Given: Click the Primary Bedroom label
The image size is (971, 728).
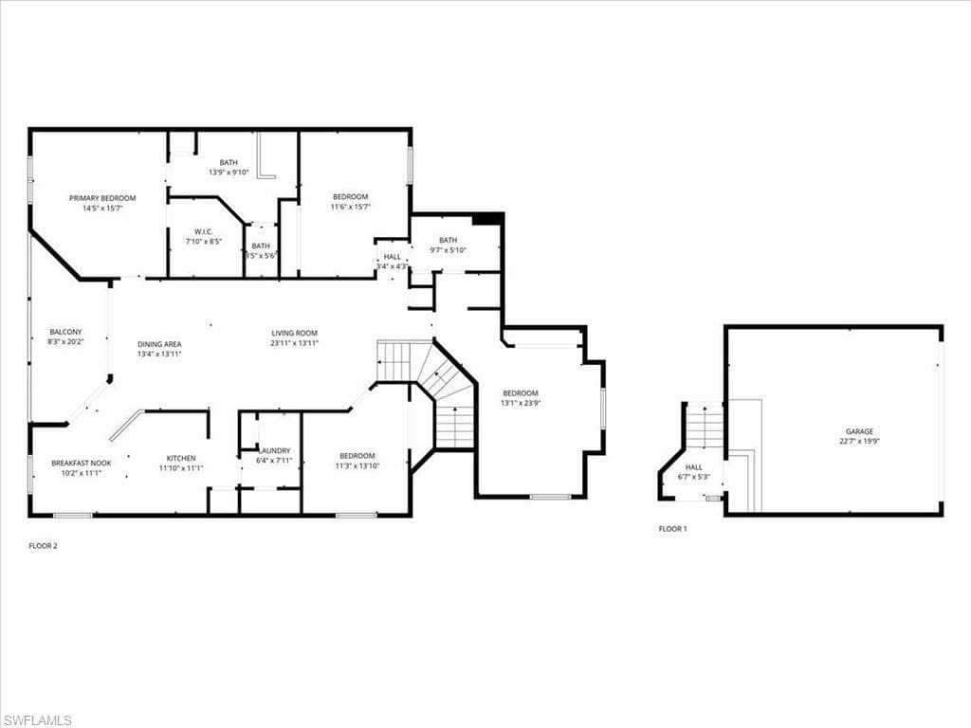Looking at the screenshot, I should [x=102, y=198].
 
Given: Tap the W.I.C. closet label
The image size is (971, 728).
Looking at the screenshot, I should [x=203, y=232].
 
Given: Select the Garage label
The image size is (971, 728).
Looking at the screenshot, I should [x=860, y=431].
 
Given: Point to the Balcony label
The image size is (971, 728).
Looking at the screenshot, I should [x=65, y=332].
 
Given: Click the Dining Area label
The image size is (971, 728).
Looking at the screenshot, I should [x=159, y=344].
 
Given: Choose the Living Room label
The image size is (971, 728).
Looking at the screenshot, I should [x=294, y=333].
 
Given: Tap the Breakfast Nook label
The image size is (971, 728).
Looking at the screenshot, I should [x=82, y=463].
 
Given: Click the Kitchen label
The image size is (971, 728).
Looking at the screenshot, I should [x=181, y=458].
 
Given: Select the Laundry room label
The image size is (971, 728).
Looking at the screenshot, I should [x=275, y=450].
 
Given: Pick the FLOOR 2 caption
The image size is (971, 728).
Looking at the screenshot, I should [x=44, y=546].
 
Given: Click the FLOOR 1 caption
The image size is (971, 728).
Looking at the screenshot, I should [x=672, y=529].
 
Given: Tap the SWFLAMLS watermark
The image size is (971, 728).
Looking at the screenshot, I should [x=37, y=720].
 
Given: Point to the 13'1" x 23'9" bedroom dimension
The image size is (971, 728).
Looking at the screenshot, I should [x=520, y=403].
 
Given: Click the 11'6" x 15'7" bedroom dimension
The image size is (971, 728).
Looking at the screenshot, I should [x=350, y=207].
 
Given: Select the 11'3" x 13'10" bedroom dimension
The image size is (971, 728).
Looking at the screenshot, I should [x=357, y=465].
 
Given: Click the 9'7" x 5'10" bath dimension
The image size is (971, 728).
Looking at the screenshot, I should [x=448, y=250].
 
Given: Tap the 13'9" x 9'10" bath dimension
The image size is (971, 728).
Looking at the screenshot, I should [x=229, y=173].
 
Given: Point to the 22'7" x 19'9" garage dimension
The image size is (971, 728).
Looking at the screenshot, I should [x=860, y=441].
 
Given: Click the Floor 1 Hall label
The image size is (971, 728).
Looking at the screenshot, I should [x=694, y=467].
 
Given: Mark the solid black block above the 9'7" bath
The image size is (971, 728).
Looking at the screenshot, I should [x=486, y=219].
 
